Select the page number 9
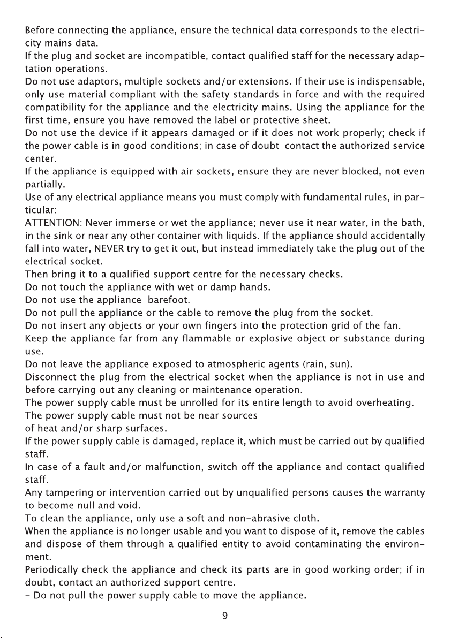pyautogui.click(x=225, y=616)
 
